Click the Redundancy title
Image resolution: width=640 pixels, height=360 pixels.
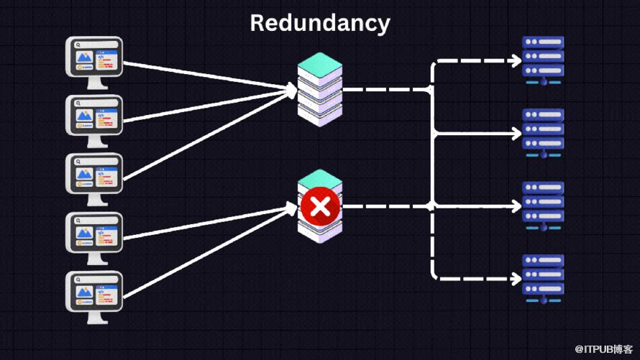point(320,23)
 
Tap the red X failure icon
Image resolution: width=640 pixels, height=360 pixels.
point(320,207)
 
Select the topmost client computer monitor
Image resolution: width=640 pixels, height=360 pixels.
point(94,60)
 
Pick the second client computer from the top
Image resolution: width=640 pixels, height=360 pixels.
point(94,117)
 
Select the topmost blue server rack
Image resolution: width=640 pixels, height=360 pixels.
point(543,60)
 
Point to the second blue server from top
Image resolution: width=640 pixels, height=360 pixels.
point(543,131)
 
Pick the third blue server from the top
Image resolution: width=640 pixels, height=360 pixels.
point(543,205)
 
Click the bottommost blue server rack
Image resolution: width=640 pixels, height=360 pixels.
point(543,277)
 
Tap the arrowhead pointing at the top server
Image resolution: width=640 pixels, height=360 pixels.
point(516,62)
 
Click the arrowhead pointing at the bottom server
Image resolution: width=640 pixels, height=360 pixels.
point(516,277)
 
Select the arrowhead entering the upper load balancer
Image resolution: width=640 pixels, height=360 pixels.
point(291,91)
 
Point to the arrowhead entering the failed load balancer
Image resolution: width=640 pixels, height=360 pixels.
point(291,208)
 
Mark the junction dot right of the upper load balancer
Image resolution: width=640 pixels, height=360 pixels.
point(431,91)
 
